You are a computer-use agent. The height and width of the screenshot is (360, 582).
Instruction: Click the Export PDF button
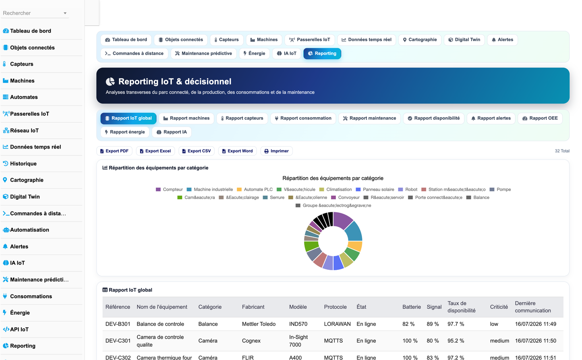tap(114, 151)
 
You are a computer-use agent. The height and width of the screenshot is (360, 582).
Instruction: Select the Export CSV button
tap(197, 151)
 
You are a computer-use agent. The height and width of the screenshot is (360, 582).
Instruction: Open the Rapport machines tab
tap(186, 118)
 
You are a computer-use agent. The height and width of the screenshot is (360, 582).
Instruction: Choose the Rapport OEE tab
tap(540, 118)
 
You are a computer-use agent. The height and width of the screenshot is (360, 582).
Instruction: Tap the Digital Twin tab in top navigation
tap(464, 40)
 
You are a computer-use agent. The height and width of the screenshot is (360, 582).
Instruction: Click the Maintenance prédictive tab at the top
tap(203, 54)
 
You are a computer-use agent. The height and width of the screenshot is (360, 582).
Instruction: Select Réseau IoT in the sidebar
tap(25, 130)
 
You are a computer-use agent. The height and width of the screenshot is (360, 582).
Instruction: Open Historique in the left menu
tap(23, 163)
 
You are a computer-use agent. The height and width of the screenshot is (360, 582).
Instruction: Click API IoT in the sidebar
tap(19, 329)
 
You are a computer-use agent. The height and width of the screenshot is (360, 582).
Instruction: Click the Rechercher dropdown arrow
tap(65, 13)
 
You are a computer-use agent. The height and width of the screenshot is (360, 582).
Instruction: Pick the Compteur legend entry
tap(169, 189)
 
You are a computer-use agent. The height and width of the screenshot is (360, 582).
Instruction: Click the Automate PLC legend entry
tap(255, 189)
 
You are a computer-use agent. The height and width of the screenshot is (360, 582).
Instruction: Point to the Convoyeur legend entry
tap(345, 197)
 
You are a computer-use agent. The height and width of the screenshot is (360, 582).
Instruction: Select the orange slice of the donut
tap(355, 246)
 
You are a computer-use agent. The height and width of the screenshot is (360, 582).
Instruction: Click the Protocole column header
tap(335, 307)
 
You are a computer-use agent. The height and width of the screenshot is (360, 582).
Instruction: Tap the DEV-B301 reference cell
tap(118, 324)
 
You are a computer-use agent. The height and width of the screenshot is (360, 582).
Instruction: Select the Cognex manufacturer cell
tap(251, 341)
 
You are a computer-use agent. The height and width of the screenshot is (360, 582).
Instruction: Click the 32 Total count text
tap(562, 151)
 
